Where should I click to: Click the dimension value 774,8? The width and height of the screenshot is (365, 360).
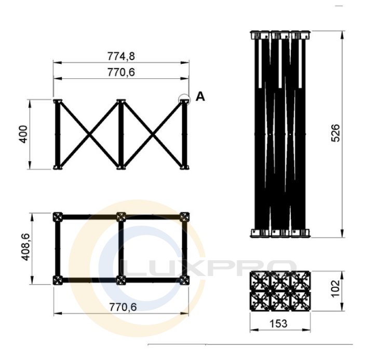pyautogui.click(x=121, y=56)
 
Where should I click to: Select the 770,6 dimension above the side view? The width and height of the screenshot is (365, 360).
pyautogui.click(x=121, y=72)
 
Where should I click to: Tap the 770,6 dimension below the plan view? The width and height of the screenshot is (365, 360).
pyautogui.click(x=123, y=307)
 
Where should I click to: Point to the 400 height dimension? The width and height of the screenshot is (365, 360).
pyautogui.click(x=23, y=134)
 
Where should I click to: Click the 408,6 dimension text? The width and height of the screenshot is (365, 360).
pyautogui.click(x=25, y=247)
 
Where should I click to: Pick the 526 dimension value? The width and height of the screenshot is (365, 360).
pyautogui.click(x=335, y=133)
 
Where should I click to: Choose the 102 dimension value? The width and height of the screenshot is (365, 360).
pyautogui.click(x=335, y=288)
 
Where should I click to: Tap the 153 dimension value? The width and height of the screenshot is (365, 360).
pyautogui.click(x=278, y=323)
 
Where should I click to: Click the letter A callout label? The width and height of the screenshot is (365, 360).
pyautogui.click(x=200, y=96)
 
